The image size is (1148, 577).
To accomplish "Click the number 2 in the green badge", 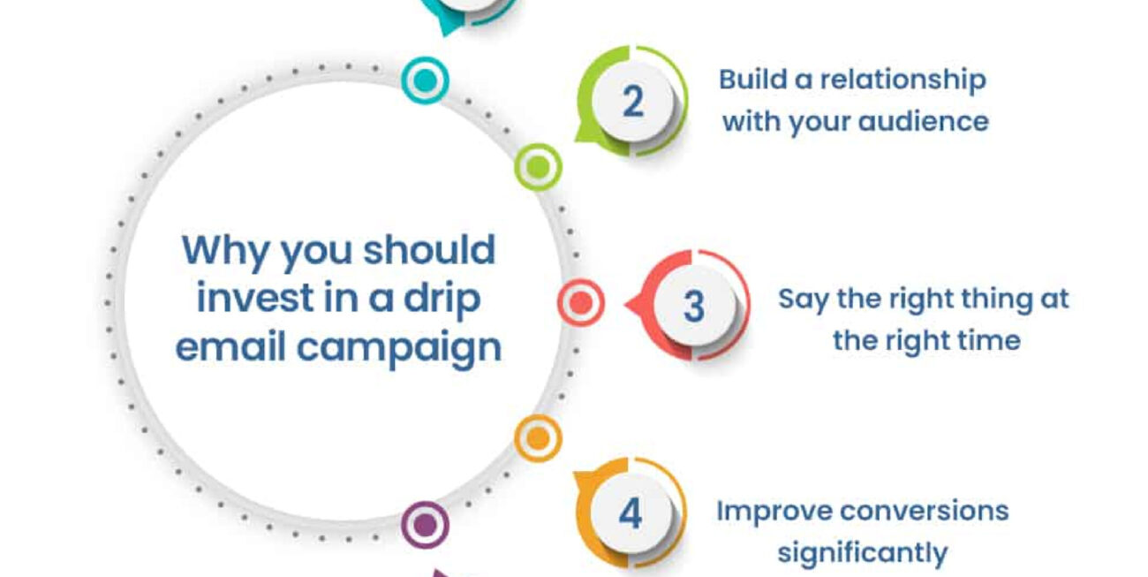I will click(x=632, y=102).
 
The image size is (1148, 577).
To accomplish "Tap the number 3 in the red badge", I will click(x=694, y=307).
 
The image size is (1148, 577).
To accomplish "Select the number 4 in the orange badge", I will click(x=630, y=513).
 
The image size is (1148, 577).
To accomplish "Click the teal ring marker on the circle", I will click(x=425, y=81).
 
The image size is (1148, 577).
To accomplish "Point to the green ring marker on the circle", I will click(x=538, y=166).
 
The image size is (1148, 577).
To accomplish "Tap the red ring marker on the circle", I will click(x=581, y=303).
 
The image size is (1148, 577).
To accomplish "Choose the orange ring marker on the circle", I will click(x=538, y=438).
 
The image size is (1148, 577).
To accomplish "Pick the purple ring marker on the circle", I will click(x=425, y=526).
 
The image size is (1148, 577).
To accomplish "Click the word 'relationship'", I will click(x=903, y=80).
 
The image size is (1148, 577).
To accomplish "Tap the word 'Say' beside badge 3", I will click(x=804, y=299).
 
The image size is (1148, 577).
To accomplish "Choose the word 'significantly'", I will click(x=862, y=553).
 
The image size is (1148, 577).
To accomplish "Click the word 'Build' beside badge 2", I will click(x=751, y=80).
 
